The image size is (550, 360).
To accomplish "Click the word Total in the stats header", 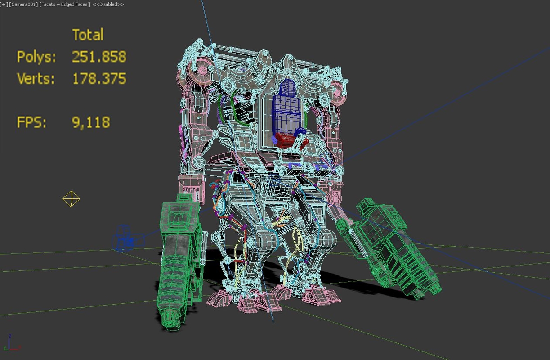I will point(88,35).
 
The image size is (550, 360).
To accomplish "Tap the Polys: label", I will point(36,57).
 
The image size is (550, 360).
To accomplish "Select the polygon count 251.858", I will point(99,57).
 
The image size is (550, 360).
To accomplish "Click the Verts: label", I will point(36,79).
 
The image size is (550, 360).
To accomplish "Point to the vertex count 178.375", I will point(99,79).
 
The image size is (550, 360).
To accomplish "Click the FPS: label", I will point(31,122).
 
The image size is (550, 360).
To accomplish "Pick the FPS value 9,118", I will point(91,122).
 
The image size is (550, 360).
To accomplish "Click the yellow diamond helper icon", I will point(71,199).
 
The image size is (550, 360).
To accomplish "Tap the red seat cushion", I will point(290,139).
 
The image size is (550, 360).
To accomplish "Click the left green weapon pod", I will point(179,261).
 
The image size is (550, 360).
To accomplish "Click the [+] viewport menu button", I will point(4,4).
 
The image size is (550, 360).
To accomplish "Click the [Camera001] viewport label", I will point(23,4).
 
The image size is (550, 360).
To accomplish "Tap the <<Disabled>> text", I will point(108,4).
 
